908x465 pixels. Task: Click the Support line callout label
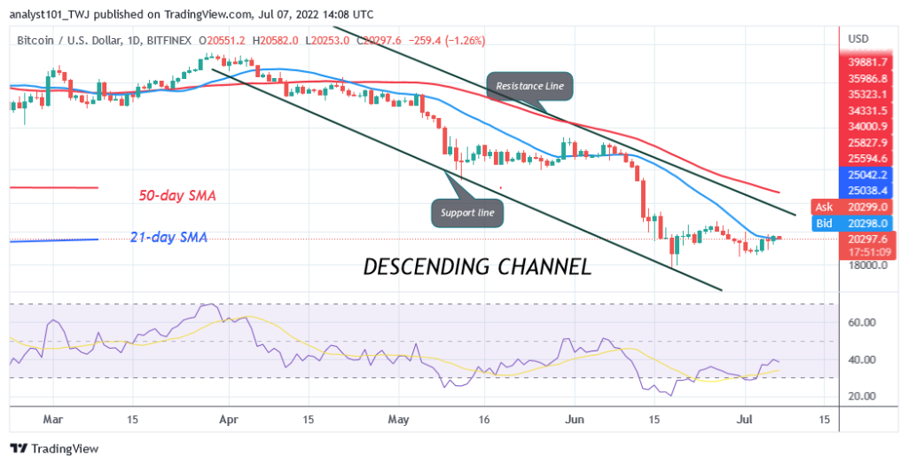point(468,212)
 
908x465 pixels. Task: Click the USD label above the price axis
point(858,39)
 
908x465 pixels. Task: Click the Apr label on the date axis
point(229,417)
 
